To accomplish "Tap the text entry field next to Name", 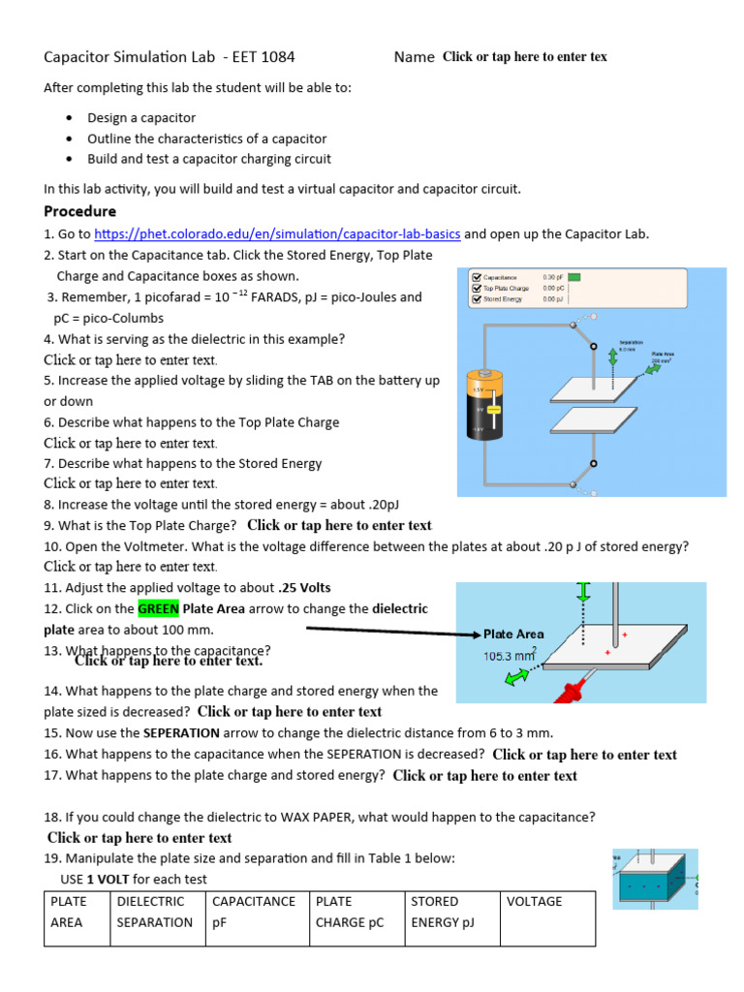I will click(524, 57).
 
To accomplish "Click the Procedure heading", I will click(79, 211).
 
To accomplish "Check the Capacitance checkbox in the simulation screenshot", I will click(476, 276).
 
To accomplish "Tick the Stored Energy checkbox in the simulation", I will click(476, 299).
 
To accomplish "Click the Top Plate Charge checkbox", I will click(476, 288).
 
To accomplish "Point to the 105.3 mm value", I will click(510, 656).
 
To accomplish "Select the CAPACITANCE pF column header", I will click(253, 912).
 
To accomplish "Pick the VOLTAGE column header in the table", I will click(534, 902).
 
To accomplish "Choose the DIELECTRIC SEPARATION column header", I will click(154, 912).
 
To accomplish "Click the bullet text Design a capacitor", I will click(141, 118).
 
